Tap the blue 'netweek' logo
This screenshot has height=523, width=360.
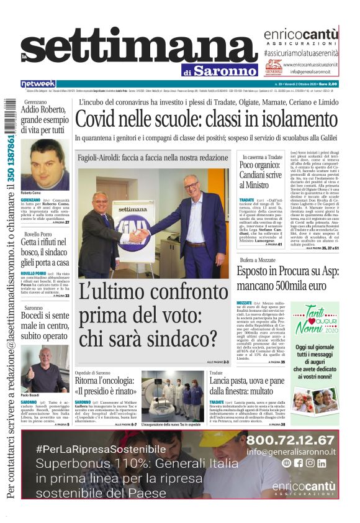38,84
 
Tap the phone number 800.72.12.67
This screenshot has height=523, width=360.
299,440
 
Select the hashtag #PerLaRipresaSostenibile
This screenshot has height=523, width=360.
101,449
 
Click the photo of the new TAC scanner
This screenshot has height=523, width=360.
172,396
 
